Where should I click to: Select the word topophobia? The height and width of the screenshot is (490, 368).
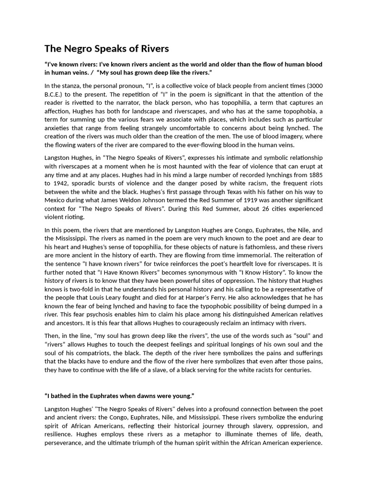click(305, 111)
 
